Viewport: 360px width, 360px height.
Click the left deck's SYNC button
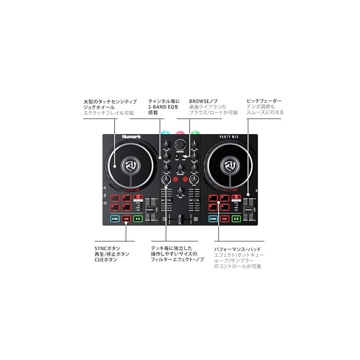(115, 219)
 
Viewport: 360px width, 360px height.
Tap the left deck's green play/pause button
(138, 219)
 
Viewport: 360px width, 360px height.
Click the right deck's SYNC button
(213, 219)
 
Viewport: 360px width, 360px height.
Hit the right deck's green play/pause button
(236, 219)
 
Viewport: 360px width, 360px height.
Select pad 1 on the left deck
(115, 198)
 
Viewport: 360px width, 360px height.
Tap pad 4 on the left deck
(126, 207)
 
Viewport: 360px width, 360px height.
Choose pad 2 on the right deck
(224, 198)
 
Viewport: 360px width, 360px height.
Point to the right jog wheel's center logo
(229, 166)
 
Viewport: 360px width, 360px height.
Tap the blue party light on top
(166, 134)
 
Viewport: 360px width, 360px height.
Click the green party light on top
(195, 134)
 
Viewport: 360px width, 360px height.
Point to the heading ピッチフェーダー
(264, 101)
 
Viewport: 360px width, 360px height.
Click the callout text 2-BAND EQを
(163, 107)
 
